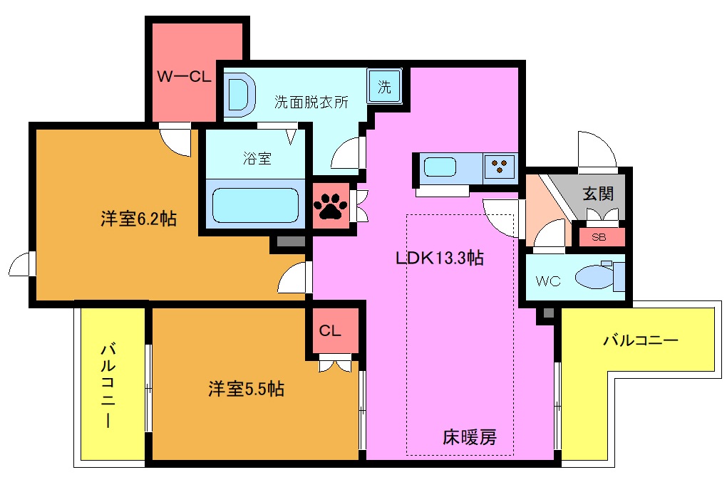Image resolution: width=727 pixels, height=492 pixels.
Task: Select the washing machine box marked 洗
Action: [x=384, y=88]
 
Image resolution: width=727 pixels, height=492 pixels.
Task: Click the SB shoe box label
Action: [x=599, y=238]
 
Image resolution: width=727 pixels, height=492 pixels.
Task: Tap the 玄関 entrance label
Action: [x=598, y=194]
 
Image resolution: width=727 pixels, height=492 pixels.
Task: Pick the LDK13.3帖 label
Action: [x=440, y=258]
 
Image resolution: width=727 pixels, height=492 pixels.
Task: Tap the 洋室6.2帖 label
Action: [x=138, y=219]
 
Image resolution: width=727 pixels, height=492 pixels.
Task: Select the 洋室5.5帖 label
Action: [x=246, y=389]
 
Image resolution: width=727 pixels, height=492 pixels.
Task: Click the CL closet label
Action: [x=329, y=331]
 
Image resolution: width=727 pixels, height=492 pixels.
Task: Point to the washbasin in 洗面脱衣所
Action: [x=240, y=94]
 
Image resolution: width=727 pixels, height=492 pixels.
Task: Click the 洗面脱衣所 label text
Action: [x=311, y=102]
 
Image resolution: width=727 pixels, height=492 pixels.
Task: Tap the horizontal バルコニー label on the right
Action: [x=640, y=340]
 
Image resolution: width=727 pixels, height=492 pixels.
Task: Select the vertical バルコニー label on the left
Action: [x=108, y=385]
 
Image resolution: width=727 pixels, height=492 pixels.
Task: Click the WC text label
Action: [x=548, y=281]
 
